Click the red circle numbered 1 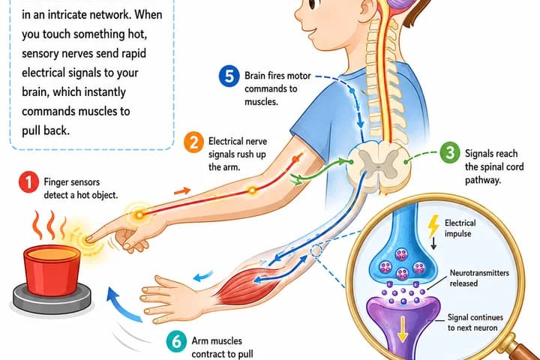point(28,182)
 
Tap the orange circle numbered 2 point(194,142)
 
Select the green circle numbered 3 point(450,152)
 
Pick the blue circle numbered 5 point(229,76)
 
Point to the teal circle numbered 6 point(176,341)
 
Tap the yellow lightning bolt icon point(433,226)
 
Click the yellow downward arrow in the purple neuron point(402,329)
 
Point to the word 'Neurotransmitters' point(479,273)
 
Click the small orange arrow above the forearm point(182,190)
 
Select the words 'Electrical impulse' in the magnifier point(460,228)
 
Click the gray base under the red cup point(52,301)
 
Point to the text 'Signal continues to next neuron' point(475,322)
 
